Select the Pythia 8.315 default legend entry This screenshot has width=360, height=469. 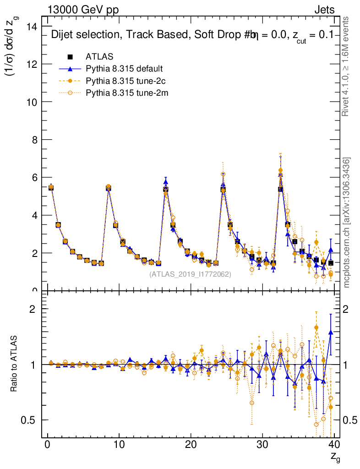click(x=124, y=69)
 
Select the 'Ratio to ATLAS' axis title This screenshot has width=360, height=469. click(x=15, y=364)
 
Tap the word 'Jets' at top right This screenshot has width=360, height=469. click(x=324, y=10)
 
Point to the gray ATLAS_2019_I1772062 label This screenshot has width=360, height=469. click(x=190, y=274)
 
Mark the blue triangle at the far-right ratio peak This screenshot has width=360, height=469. click(x=331, y=332)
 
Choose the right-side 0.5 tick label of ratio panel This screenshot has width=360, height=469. click(x=349, y=420)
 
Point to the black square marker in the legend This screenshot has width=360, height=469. click(x=71, y=57)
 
